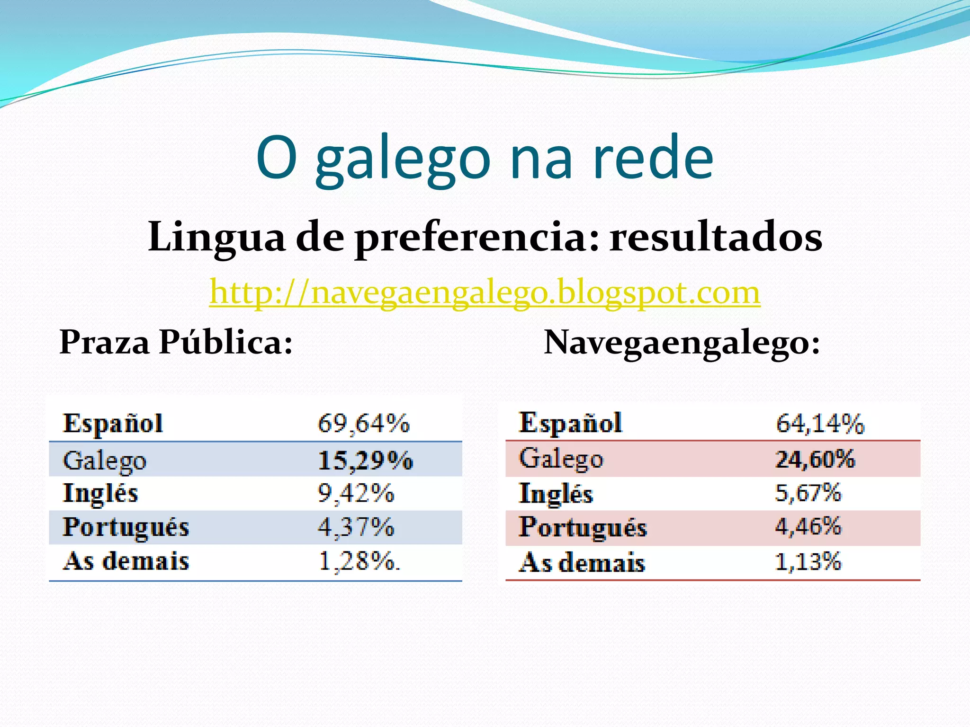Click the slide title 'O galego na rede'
point(485,158)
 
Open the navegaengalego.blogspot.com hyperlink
point(485,293)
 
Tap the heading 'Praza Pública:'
point(176,342)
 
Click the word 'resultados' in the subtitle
point(716,237)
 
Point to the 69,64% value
point(363,423)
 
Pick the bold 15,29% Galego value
point(365,460)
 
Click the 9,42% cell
point(356,493)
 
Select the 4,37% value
point(356,527)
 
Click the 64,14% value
point(820,423)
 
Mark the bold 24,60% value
point(815,459)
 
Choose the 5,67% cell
point(808,493)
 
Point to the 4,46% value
point(808,527)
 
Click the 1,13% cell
point(808,562)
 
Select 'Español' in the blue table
point(113,423)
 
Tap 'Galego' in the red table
point(561,459)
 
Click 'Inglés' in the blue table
point(100,493)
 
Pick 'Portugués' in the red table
point(583,527)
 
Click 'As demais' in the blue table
point(126,562)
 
